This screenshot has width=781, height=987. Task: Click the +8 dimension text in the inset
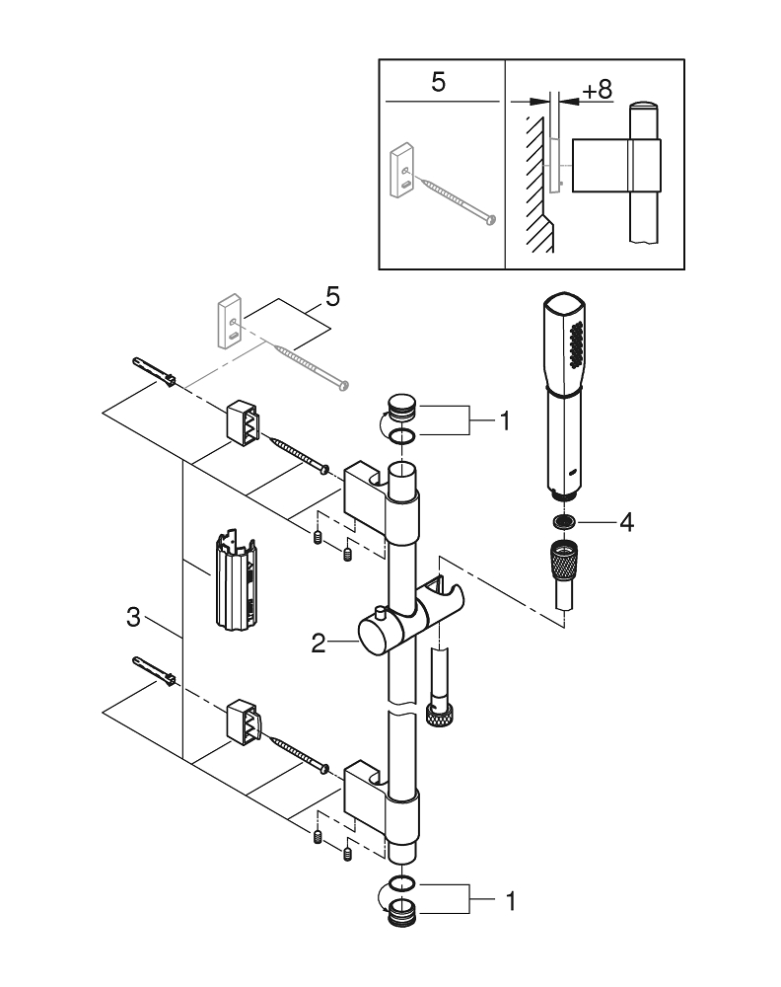coord(597,90)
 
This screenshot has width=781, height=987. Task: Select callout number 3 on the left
coord(134,619)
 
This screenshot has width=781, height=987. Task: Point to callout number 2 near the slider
coord(319,644)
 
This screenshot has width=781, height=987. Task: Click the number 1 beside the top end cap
coord(504,422)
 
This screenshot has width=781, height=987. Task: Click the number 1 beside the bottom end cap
coord(509,900)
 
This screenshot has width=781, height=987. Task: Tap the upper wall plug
coord(153,374)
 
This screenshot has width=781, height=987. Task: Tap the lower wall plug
coord(153,677)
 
